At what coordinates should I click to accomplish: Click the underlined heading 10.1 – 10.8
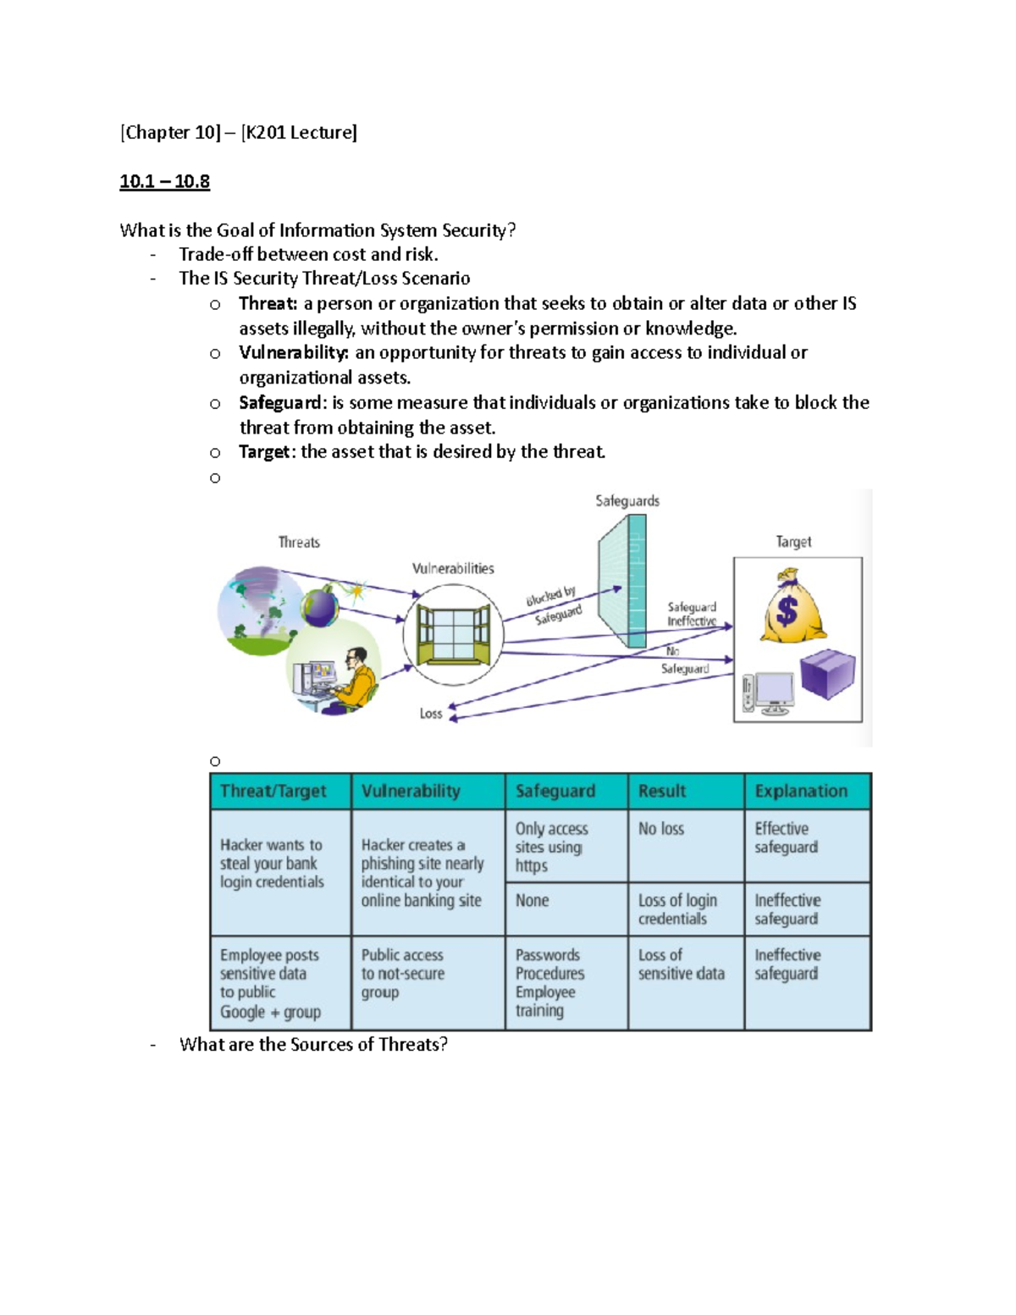coord(164,181)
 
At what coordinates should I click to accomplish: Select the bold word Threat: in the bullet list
coord(268,303)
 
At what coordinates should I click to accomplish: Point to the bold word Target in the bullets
coord(264,451)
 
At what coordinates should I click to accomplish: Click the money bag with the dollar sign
coord(789,607)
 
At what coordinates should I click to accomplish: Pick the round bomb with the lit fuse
coord(322,606)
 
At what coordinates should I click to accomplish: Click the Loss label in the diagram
coord(431,714)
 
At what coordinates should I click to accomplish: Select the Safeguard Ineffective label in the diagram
coord(692,614)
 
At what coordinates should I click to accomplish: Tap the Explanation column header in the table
coord(801,791)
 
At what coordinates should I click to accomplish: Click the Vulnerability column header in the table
coord(411,791)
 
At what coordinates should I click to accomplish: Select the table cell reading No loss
coord(661,829)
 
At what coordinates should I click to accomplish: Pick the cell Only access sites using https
coord(551,847)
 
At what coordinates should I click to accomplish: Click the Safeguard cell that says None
coord(533,900)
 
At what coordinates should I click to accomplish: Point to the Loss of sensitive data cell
coord(681,964)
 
